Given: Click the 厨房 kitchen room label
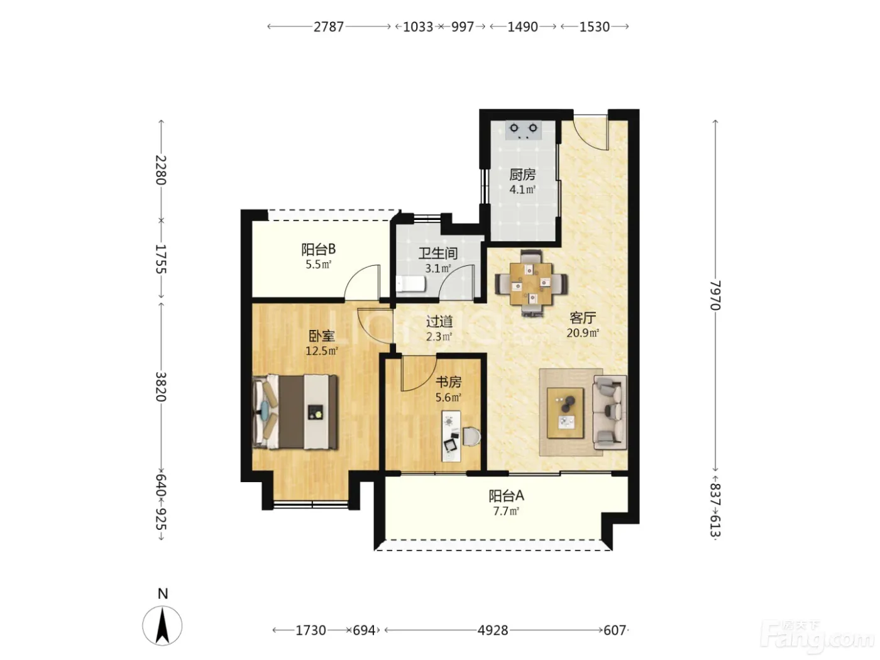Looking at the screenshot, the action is (522, 175).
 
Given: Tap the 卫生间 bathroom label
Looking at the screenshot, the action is (437, 253).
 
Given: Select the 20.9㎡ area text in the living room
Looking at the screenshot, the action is (583, 333).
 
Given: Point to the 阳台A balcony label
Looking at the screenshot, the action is (506, 496).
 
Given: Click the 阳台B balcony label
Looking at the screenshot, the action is (318, 250).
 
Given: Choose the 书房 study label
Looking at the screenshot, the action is (448, 382).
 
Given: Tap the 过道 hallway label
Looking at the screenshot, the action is (439, 321).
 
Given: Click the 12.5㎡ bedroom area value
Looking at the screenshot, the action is (322, 351).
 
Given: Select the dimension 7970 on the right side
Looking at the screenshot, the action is (715, 295).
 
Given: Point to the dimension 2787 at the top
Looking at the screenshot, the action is (328, 27).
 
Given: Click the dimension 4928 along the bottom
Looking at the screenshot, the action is (493, 630).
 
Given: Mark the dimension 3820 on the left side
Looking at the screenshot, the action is (161, 387).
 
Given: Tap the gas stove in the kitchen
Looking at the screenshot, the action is (524, 130).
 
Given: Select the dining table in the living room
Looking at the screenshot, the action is (531, 283).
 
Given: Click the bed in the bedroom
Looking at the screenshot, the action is (295, 412).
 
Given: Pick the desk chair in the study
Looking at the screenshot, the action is (472, 436).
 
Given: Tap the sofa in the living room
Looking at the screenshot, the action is (609, 412).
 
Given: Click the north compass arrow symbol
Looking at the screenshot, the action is (162, 626).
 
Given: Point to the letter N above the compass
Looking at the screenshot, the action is (163, 593).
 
